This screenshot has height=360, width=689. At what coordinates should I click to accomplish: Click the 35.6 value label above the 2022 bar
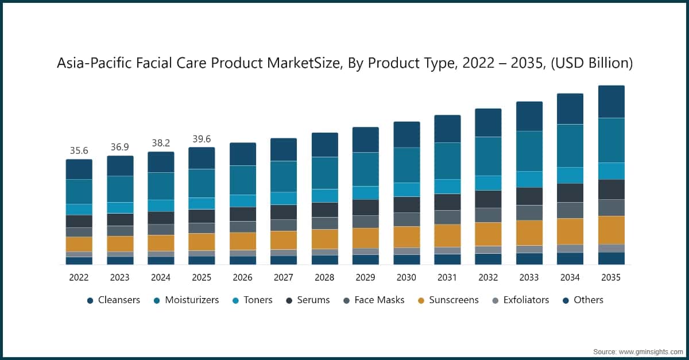[79, 151]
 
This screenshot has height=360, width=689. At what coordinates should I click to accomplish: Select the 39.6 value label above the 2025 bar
[202, 139]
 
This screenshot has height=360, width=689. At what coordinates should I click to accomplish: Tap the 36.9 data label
[120, 148]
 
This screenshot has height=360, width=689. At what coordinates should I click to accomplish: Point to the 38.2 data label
[161, 144]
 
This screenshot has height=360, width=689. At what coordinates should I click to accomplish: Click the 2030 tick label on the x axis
[407, 277]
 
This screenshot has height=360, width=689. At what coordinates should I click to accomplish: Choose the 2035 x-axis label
[611, 277]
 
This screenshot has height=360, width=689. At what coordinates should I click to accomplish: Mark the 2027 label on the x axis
[284, 277]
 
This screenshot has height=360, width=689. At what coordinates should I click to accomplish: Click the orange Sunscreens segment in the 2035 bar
[611, 230]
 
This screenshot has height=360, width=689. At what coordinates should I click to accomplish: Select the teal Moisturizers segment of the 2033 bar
[529, 151]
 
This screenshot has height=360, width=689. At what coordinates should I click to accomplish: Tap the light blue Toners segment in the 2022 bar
[79, 209]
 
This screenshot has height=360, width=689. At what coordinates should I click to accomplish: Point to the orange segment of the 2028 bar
[324, 239]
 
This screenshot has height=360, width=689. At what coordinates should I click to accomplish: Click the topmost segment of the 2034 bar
[570, 109]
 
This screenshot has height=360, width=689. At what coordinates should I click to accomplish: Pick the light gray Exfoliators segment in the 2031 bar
[447, 250]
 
